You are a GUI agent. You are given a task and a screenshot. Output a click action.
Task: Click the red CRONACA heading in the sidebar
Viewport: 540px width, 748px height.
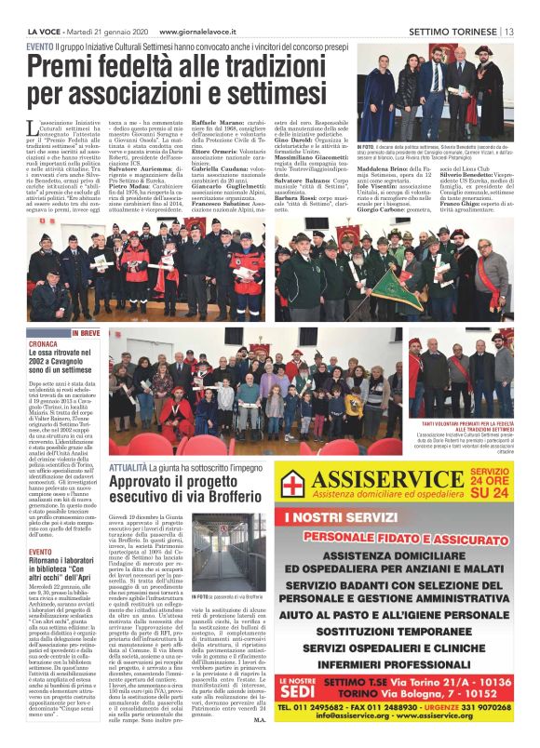tap(42, 343)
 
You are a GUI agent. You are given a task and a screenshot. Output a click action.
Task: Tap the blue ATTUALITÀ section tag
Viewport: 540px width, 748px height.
tap(128, 468)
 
